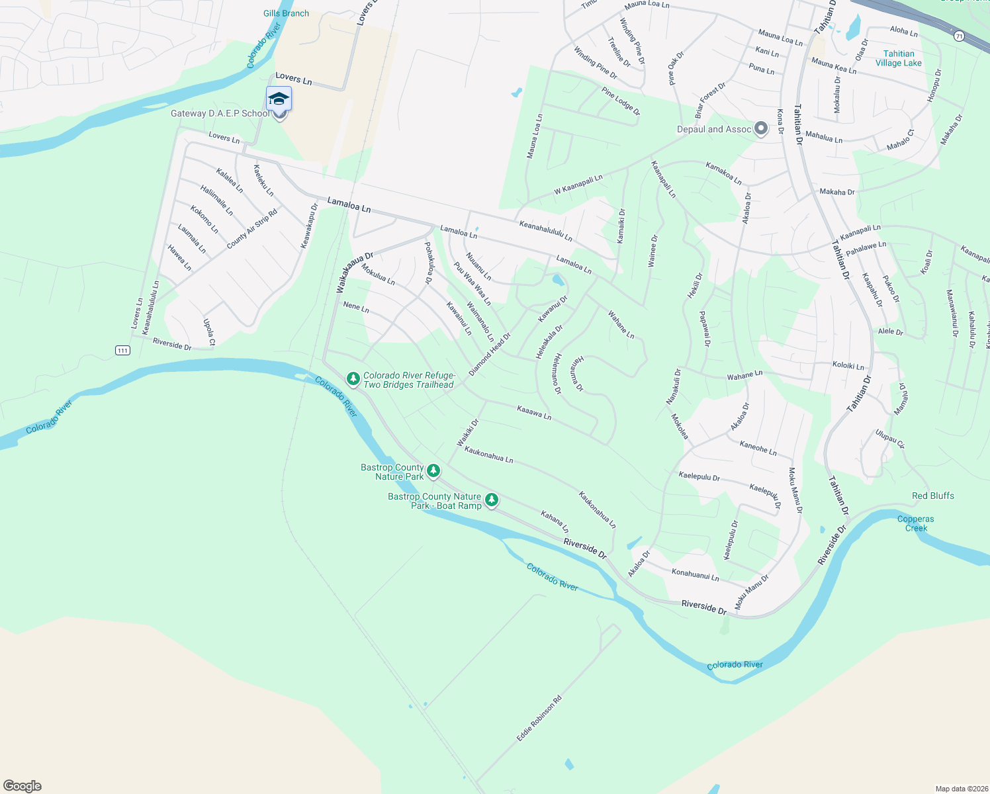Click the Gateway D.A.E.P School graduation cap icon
coord(279,99)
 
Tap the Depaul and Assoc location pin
coord(761,128)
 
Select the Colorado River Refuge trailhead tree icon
coord(353,379)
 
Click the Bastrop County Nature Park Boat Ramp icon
coord(492,500)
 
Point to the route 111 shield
coord(122,350)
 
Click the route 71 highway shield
coord(959,36)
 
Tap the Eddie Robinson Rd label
coord(539,718)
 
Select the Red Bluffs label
coord(932,496)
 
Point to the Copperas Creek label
coord(916,523)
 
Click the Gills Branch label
coord(286,13)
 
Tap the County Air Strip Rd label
coord(251,230)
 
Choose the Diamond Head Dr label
coord(490,355)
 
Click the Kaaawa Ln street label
coord(534,414)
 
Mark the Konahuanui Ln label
coord(695,574)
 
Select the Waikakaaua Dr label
coord(355,272)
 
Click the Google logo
coord(22,786)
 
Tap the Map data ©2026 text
coord(960,789)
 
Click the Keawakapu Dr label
coord(309,226)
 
